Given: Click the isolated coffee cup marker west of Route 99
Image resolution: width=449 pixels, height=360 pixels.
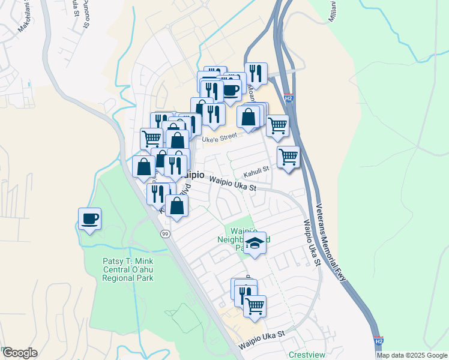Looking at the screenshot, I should (x=89, y=219).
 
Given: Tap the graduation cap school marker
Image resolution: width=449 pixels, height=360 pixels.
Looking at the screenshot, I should (x=255, y=243).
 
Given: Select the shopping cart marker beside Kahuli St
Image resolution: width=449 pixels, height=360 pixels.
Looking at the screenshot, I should (x=288, y=157).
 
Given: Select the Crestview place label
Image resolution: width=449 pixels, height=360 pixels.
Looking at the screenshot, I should (x=307, y=355).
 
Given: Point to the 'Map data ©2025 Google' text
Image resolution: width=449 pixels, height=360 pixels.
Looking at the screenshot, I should (x=412, y=355).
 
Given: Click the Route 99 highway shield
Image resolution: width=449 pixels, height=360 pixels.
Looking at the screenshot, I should (x=164, y=233).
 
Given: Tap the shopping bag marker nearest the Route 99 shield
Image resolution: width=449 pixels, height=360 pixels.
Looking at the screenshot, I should (x=177, y=206).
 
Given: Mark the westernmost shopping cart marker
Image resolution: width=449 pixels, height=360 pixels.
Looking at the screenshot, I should (x=152, y=139).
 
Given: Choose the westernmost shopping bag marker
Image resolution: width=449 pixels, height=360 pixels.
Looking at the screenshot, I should (x=144, y=166).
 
